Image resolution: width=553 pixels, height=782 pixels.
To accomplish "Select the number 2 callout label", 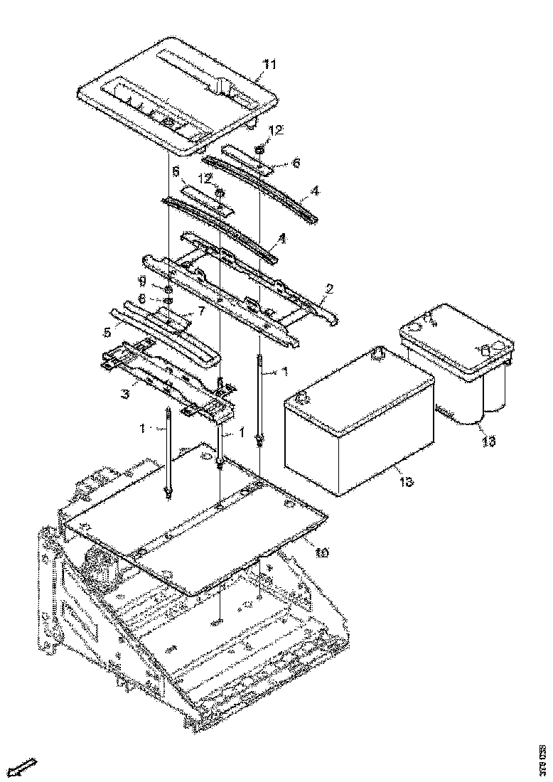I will click(328, 289).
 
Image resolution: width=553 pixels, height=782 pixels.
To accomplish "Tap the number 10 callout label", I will click(321, 552).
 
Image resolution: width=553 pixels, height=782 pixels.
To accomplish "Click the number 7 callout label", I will click(201, 311).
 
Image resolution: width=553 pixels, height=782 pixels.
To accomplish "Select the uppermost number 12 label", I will click(276, 131).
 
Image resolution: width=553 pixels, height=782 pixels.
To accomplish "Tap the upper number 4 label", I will click(315, 191).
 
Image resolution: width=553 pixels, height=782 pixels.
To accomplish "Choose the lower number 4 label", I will click(282, 240).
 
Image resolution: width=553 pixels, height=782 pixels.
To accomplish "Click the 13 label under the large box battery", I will click(406, 483).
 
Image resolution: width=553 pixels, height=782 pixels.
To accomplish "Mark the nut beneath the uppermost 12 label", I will click(260, 149).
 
